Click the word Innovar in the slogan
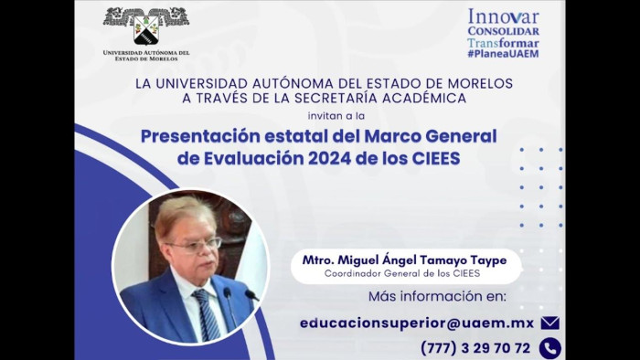tap(503, 16)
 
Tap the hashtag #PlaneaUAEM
tap(503, 54)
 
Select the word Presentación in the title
tap(200, 136)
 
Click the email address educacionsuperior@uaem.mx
tap(416, 323)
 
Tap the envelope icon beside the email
tap(549, 323)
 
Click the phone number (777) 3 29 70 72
tap(475, 348)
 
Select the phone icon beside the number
tap(549, 348)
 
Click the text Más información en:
tap(437, 297)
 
